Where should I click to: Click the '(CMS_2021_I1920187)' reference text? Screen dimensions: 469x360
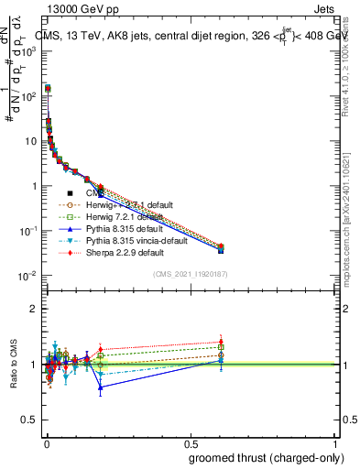point(190,274)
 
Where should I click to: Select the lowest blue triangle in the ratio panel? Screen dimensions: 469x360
point(100,387)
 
